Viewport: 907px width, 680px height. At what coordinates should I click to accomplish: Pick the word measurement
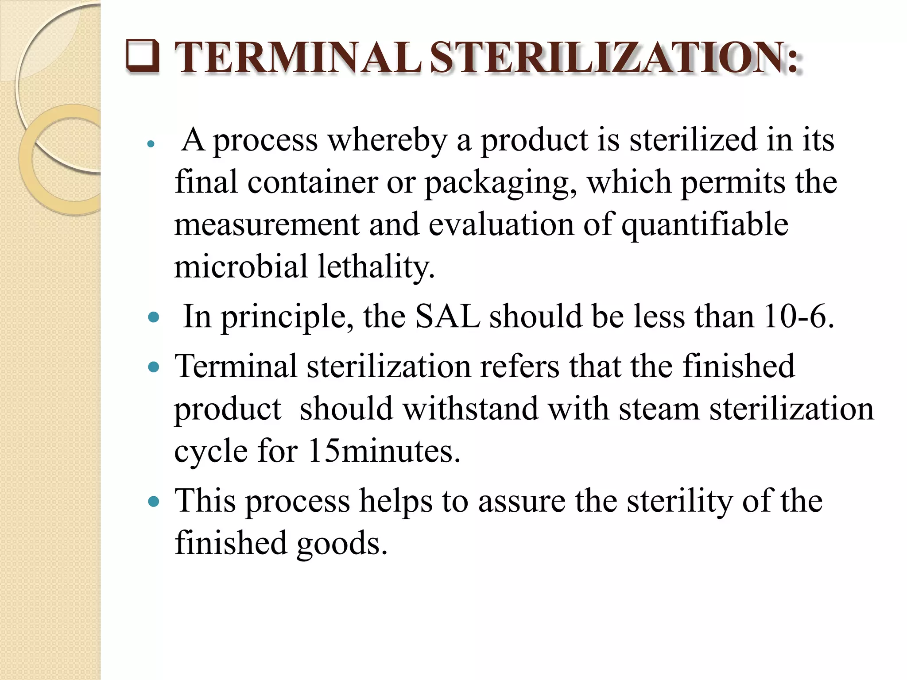[267, 224]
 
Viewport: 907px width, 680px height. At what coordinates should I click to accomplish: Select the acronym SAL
[448, 317]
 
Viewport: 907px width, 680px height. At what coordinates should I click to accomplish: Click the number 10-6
[798, 317]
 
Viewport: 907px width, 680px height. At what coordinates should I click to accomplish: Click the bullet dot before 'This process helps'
[154, 502]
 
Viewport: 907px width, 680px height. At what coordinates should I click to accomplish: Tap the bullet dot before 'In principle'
[154, 317]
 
